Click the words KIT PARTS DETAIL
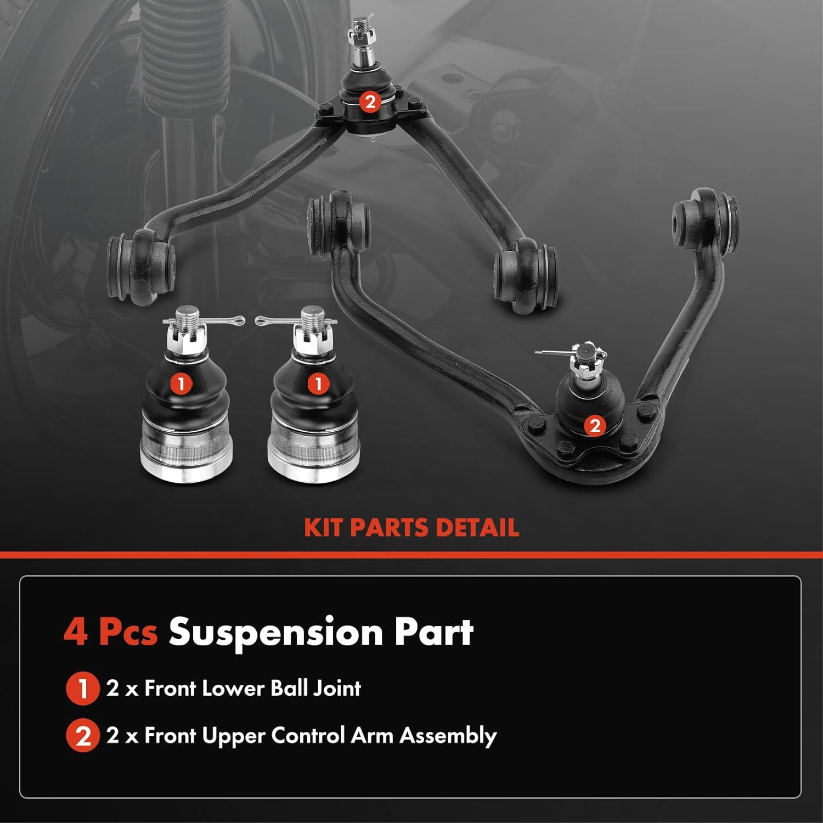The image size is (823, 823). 411,528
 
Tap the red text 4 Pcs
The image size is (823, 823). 110,632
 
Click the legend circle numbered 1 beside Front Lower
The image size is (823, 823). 82,689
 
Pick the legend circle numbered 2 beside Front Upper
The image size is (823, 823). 82,736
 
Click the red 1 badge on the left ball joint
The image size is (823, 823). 181,384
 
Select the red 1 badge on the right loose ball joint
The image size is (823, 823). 318,384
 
